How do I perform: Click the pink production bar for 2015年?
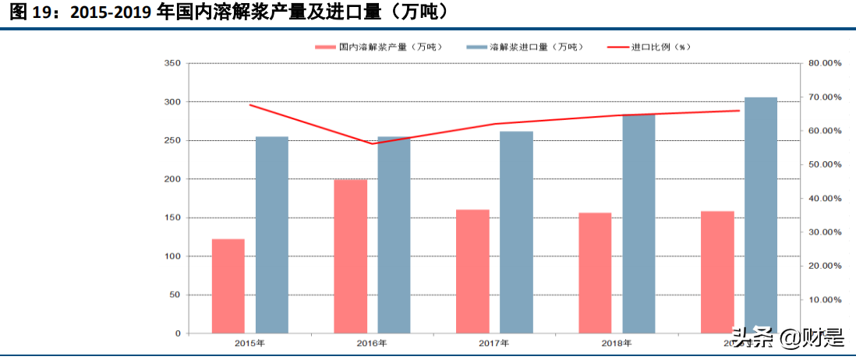(x=228, y=286)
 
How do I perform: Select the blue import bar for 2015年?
(x=272, y=235)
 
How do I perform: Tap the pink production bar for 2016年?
(x=350, y=256)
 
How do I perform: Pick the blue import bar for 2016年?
(x=394, y=235)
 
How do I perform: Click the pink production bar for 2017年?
(x=472, y=271)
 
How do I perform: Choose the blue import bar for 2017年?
(x=516, y=232)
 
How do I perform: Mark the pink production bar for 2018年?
(x=595, y=273)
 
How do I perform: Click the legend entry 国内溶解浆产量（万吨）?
(x=380, y=47)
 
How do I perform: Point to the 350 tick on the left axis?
(x=172, y=63)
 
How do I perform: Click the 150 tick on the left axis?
(x=172, y=217)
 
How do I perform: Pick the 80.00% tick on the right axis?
(x=823, y=63)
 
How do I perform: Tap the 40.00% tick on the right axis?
(x=823, y=198)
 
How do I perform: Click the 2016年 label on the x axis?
(x=372, y=343)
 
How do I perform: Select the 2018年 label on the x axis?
(x=617, y=343)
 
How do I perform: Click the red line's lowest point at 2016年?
(x=372, y=143)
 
